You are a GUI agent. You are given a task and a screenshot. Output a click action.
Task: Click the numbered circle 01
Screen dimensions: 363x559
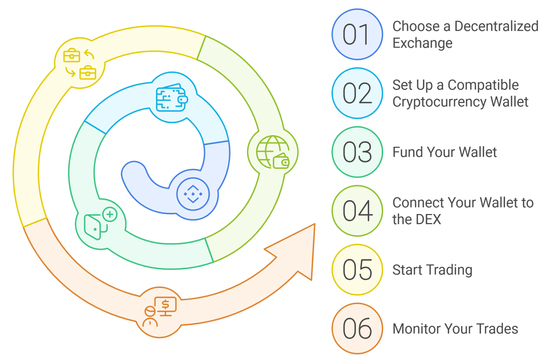pyautogui.click(x=357, y=35)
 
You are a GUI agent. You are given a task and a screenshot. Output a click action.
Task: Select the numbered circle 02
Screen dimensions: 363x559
pyautogui.click(x=357, y=93)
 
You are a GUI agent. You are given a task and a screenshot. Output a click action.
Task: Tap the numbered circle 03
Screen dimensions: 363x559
pyautogui.click(x=357, y=152)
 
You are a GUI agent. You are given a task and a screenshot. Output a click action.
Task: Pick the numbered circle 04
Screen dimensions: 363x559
pyautogui.click(x=357, y=211)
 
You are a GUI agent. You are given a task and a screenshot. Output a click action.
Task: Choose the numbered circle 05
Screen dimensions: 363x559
pyautogui.click(x=357, y=270)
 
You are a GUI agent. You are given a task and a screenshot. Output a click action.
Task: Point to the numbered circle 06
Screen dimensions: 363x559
pyautogui.click(x=357, y=328)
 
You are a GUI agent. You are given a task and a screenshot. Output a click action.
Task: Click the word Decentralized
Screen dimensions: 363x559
pyautogui.click(x=496, y=26)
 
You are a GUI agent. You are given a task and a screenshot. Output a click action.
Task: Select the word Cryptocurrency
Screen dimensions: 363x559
pyautogui.click(x=439, y=102)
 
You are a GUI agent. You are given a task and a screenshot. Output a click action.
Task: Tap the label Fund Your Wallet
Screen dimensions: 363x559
pyautogui.click(x=444, y=152)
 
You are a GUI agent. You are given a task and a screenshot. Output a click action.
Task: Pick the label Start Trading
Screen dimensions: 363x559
pyautogui.click(x=432, y=270)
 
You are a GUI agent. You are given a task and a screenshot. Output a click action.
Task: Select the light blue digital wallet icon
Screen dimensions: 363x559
pyautogui.click(x=172, y=99)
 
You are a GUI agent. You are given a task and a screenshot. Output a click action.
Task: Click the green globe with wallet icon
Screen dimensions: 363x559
pyautogui.click(x=273, y=152)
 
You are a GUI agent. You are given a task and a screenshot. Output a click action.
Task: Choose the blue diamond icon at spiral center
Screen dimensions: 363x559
pyautogui.click(x=193, y=194)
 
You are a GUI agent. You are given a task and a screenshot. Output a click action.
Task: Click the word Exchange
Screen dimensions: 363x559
pyautogui.click(x=422, y=43)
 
